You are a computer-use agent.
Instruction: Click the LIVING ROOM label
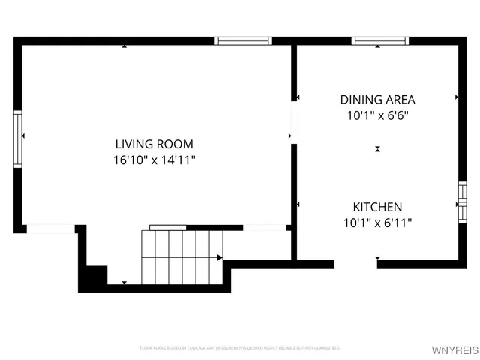click(154, 144)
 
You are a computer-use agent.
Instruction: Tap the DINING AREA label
click(377, 99)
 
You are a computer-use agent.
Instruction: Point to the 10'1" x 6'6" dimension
click(377, 115)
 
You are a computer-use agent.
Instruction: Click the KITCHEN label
click(378, 206)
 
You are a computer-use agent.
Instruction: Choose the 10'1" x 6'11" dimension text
click(378, 223)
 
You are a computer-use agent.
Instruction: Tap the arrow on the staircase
click(220, 258)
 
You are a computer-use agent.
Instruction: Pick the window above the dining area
click(381, 41)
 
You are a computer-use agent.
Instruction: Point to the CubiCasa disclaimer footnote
click(240, 348)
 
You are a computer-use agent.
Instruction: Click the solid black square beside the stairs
click(94, 277)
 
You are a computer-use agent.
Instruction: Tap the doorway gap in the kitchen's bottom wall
click(355, 263)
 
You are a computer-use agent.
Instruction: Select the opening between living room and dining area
click(294, 126)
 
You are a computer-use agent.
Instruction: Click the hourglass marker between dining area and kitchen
click(377, 149)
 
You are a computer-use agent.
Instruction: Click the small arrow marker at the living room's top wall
click(124, 46)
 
